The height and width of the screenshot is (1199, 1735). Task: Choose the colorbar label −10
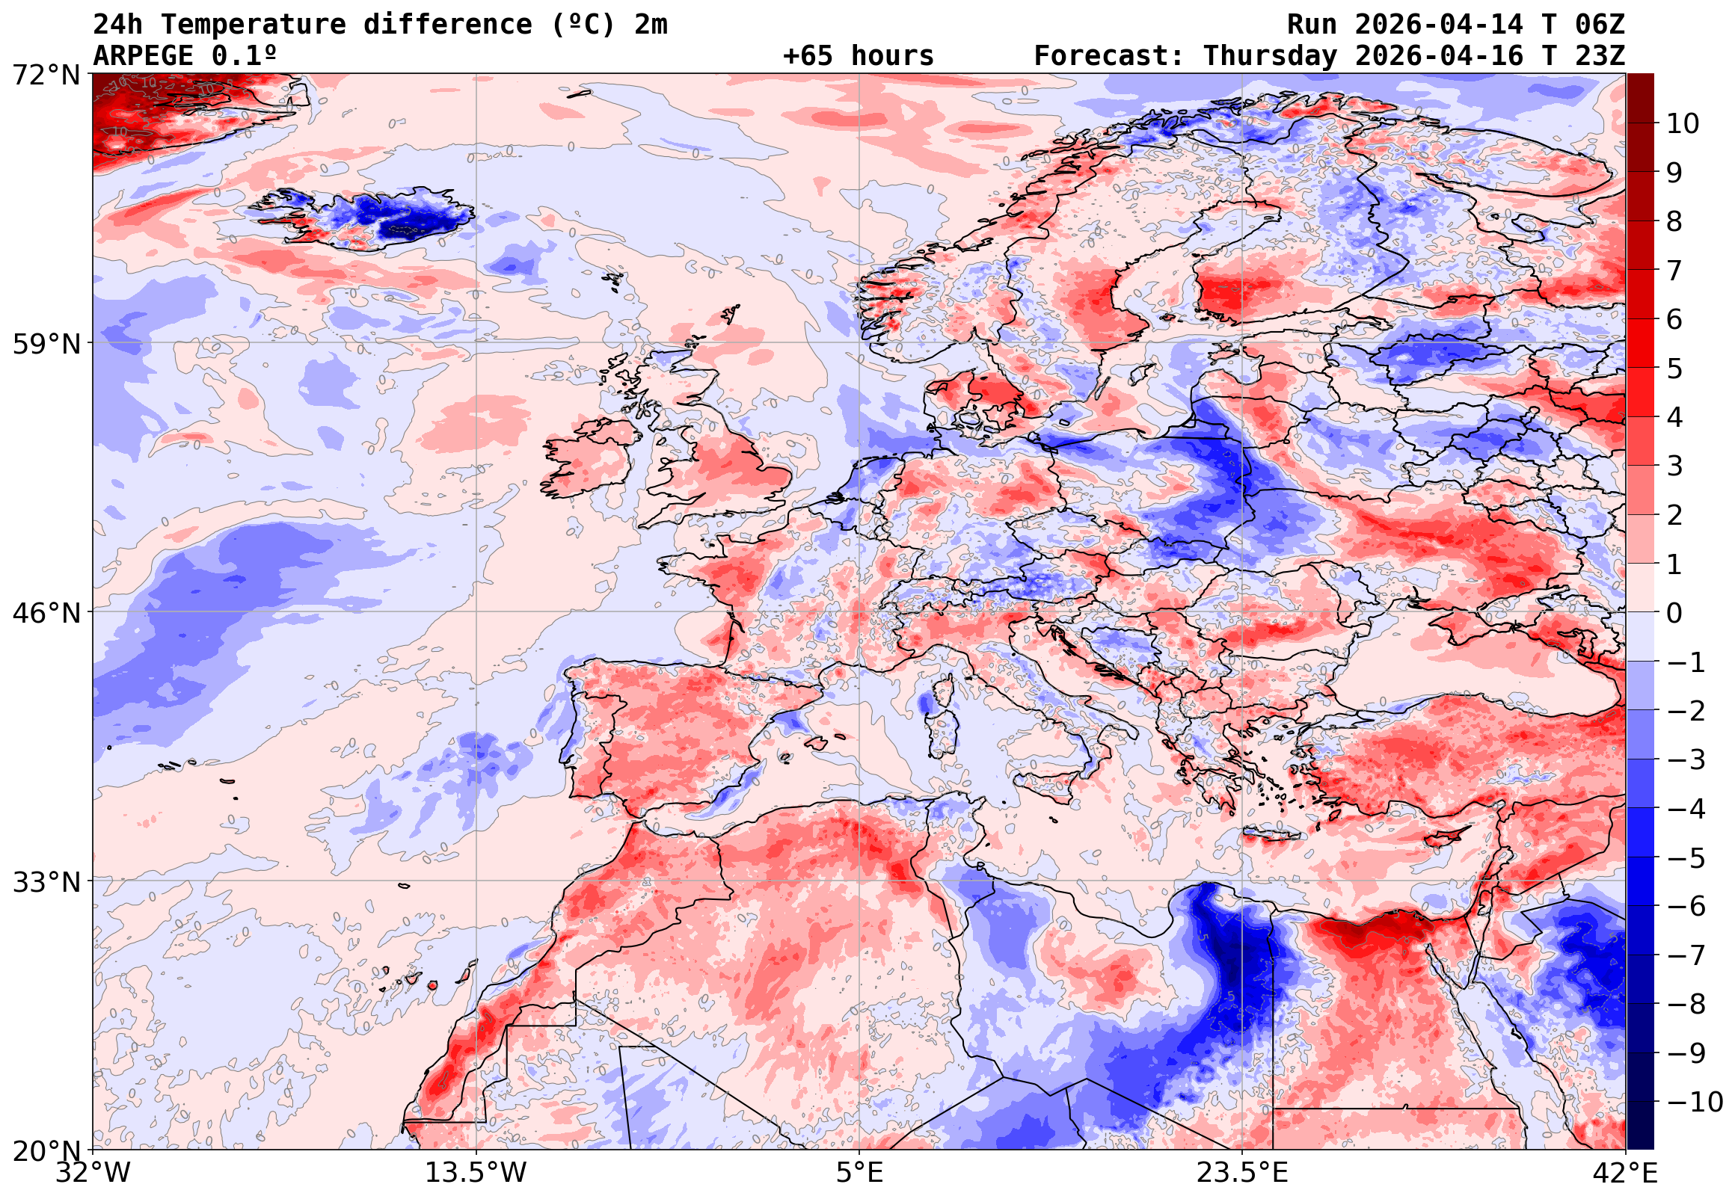(x=1695, y=1102)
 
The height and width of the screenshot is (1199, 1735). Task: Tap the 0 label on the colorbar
(x=1674, y=613)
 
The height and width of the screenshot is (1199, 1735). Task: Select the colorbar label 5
(x=1674, y=369)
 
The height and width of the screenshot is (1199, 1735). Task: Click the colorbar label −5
(x=1686, y=858)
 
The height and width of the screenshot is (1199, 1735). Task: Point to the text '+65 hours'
(x=858, y=56)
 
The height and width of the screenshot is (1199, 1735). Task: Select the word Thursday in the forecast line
(x=1270, y=56)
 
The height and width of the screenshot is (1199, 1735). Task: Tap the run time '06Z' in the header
(x=1600, y=25)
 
